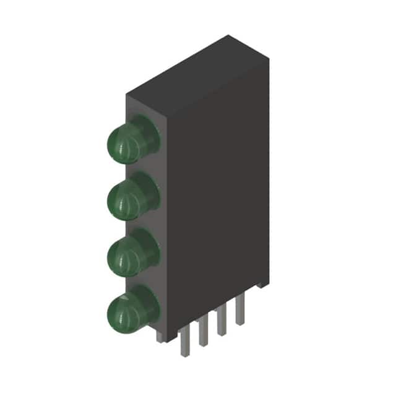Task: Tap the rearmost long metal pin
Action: click(x=239, y=309)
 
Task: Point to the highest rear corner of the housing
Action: click(x=230, y=36)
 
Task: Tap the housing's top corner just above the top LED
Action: click(x=127, y=95)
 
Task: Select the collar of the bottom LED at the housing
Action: click(x=148, y=303)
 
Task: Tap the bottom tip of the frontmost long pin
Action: click(x=184, y=355)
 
